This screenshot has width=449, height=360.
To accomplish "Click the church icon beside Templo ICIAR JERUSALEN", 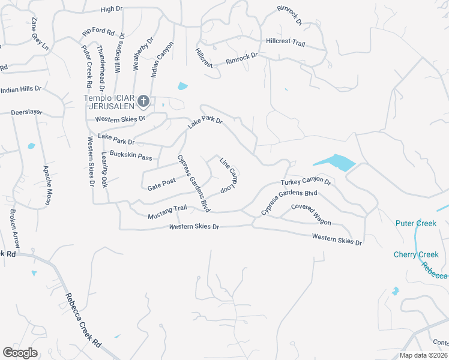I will (x=143, y=101).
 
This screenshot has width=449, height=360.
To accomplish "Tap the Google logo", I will (x=20, y=353).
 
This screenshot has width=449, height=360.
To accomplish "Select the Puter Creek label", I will (x=415, y=223).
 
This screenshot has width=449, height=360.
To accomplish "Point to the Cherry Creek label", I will (x=416, y=254).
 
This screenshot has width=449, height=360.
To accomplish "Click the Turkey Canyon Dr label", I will (x=306, y=181).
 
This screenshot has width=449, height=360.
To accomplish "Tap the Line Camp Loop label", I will (x=227, y=175).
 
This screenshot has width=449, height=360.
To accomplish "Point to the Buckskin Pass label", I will (x=131, y=155).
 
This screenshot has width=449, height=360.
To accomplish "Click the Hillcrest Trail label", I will (x=286, y=42).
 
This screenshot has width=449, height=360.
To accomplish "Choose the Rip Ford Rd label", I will (x=98, y=29).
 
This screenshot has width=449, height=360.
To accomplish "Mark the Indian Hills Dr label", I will (x=21, y=89).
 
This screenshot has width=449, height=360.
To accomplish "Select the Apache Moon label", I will (x=46, y=185).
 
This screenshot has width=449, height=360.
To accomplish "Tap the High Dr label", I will (x=111, y=10).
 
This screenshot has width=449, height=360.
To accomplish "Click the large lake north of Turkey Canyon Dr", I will (x=334, y=162).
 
